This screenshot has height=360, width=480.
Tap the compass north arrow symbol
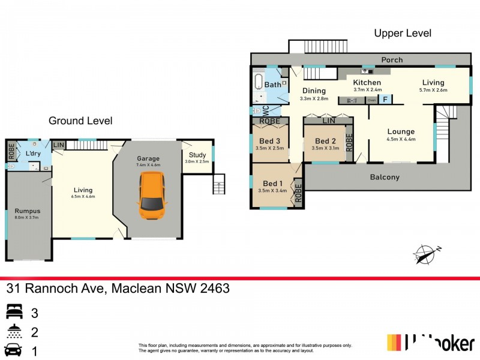coord(426,254)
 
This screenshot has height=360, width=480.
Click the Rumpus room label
coord(26,211)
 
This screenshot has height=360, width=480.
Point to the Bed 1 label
coord(272,184)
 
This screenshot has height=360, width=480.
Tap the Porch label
coord(392,60)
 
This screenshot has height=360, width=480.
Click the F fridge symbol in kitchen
coord(385,99)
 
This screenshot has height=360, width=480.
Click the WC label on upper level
coord(265,110)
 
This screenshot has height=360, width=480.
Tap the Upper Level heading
coord(402,34)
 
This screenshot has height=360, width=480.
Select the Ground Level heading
coord(80,121)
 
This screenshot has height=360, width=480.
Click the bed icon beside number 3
coord(14,311)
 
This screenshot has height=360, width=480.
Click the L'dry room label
coord(32,154)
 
